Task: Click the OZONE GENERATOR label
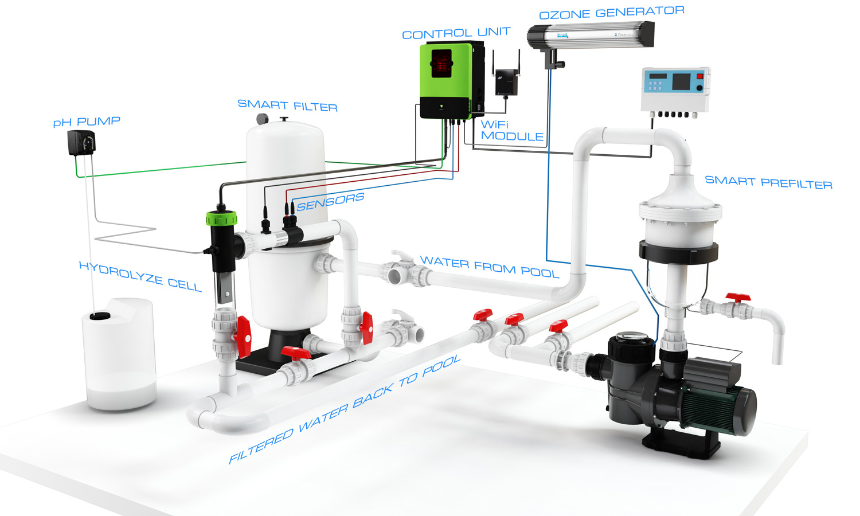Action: coord(612,12)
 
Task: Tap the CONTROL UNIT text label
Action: coord(456,33)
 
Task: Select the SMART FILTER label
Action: coord(288,105)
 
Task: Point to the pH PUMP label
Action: coord(87,122)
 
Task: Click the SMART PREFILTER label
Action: coord(769,182)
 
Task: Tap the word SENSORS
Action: coord(330,202)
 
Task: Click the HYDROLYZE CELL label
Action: coord(140,276)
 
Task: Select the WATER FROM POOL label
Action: coord(490,267)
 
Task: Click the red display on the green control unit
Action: coord(441,63)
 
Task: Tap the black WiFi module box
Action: coord(506,81)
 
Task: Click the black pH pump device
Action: coord(81,143)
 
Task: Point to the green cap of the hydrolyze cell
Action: coord(221,218)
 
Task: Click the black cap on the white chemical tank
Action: coord(100,316)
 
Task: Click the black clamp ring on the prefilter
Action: coord(678,252)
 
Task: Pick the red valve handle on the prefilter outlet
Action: coord(738,298)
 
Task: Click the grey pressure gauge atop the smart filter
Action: coord(262,119)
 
